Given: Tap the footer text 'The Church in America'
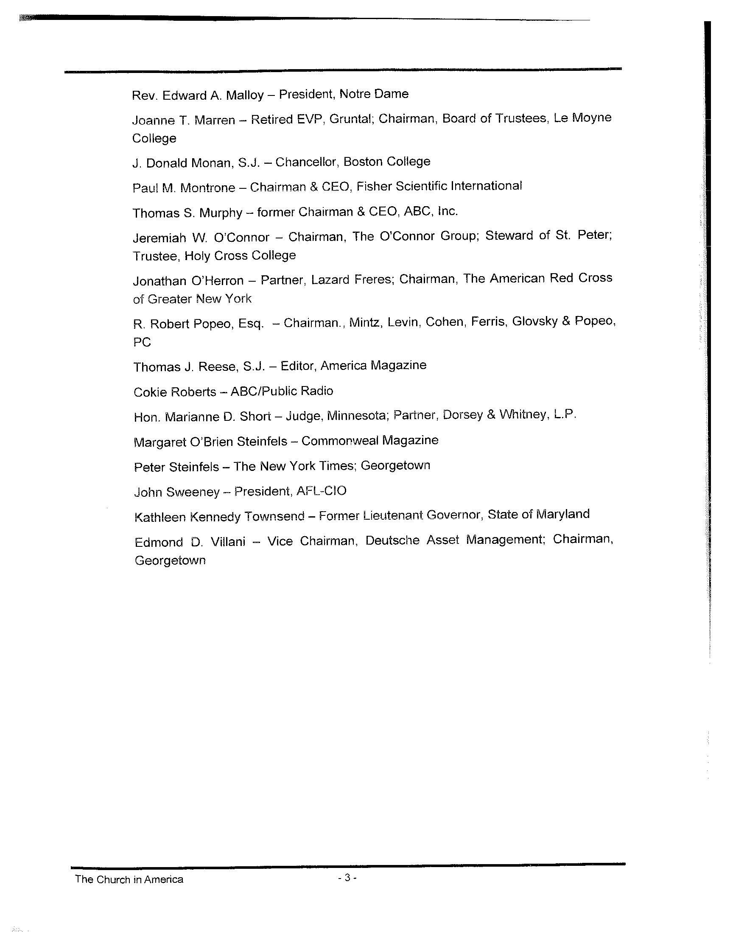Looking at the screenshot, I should click(129, 879).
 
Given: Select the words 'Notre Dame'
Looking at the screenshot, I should click(374, 94).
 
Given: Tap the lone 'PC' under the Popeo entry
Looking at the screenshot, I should click(142, 342).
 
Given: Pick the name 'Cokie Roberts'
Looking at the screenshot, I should click(175, 392).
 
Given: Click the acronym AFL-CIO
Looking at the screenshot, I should click(321, 491).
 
